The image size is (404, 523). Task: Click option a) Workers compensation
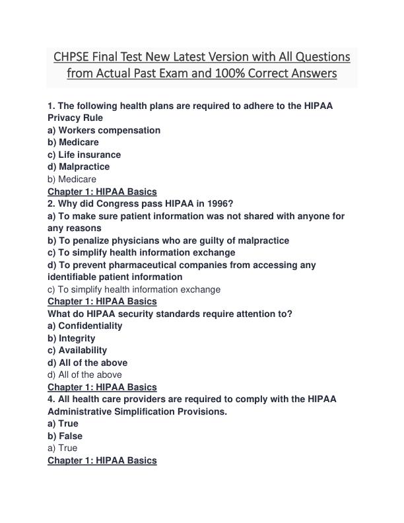pyautogui.click(x=104, y=130)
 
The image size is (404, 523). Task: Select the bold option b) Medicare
pyautogui.click(x=73, y=142)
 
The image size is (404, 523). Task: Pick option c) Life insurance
pyautogui.click(x=84, y=155)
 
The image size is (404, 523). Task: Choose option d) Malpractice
pyautogui.click(x=78, y=166)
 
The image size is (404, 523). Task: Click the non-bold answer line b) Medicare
pyautogui.click(x=71, y=179)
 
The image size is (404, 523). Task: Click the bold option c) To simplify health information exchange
pyautogui.click(x=141, y=252)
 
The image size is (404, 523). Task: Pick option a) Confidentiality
pyautogui.click(x=84, y=326)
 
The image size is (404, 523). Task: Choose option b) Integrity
pyautogui.click(x=71, y=338)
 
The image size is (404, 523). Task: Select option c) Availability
pyautogui.click(x=77, y=350)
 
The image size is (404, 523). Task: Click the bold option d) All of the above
pyautogui.click(x=87, y=363)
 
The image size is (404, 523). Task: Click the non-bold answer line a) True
pyautogui.click(x=62, y=448)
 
